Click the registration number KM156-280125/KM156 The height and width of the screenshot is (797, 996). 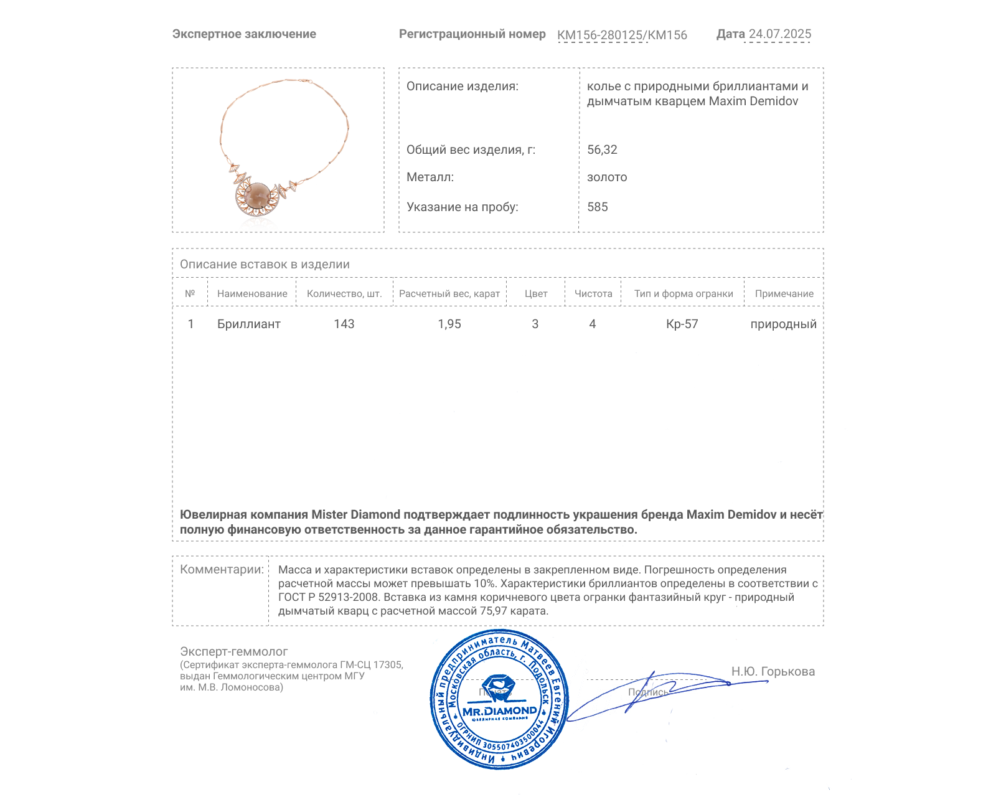(x=622, y=35)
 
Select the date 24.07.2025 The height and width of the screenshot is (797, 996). (x=779, y=34)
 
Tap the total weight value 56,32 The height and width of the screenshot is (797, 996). (x=602, y=149)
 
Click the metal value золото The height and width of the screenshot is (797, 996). (x=607, y=177)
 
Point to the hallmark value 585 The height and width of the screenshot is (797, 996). (x=598, y=207)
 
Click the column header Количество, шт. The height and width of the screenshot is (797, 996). (x=344, y=293)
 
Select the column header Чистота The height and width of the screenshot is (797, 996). (x=593, y=293)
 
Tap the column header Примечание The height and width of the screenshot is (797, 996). (x=784, y=293)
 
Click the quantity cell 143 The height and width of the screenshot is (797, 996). (x=344, y=324)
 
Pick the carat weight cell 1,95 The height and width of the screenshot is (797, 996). (x=449, y=324)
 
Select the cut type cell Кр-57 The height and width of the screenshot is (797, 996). (x=682, y=324)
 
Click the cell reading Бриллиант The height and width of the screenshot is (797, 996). (x=249, y=324)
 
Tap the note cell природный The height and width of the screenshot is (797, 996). (x=783, y=324)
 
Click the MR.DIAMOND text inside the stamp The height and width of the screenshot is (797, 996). (x=499, y=710)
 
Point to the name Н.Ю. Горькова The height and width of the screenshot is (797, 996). (x=773, y=671)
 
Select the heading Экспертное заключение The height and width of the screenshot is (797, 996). (x=244, y=34)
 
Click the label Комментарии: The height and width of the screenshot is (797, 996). (x=222, y=569)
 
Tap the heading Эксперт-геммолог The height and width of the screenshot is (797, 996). (x=234, y=651)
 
